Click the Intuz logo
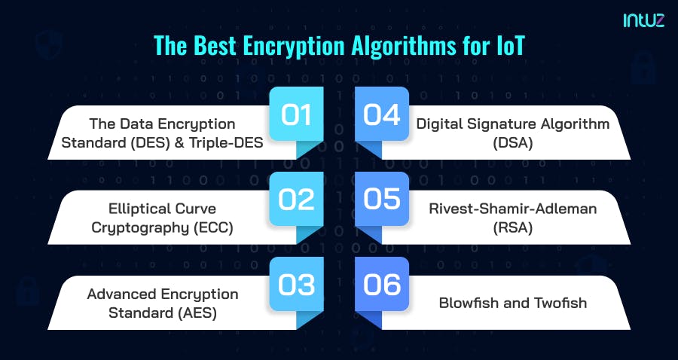coord(644,21)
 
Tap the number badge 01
coord(296,115)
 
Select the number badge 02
coord(296,200)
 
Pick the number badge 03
coord(296,285)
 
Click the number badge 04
coord(382,115)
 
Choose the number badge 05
coord(382,200)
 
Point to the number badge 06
coord(382,285)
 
